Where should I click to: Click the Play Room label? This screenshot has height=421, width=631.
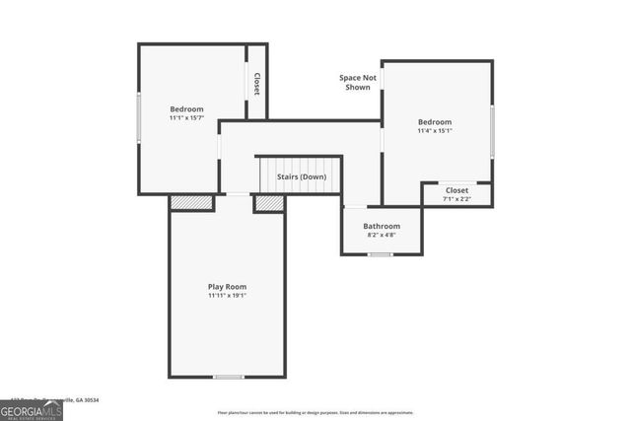[x=227, y=286]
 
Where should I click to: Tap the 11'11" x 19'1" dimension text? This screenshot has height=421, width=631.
[x=227, y=295]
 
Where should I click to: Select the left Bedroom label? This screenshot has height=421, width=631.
[x=186, y=108]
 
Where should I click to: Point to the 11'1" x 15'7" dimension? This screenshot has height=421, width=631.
[x=186, y=117]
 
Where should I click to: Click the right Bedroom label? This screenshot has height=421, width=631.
[x=435, y=121]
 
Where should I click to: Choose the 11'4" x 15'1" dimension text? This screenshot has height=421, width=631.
[x=435, y=130]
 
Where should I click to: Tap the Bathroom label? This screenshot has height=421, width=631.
[x=382, y=226]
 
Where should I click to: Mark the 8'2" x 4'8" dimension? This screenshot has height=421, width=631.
[x=382, y=235]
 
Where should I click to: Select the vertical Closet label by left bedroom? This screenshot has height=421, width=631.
[x=256, y=84]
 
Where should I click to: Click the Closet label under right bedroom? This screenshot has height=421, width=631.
[x=456, y=190]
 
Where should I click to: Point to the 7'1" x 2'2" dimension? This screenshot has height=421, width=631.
[x=456, y=199]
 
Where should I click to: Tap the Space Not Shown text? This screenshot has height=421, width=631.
[x=357, y=82]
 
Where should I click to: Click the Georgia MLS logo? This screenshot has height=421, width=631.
[x=32, y=410]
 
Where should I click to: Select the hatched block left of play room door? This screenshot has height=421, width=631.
[x=191, y=203]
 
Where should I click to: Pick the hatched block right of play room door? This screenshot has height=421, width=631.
[x=269, y=203]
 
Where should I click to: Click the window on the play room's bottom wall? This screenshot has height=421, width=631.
[x=229, y=376]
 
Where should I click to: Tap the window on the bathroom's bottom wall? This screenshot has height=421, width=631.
[x=380, y=255]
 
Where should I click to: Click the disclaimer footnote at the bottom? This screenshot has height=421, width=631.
[x=315, y=413]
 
